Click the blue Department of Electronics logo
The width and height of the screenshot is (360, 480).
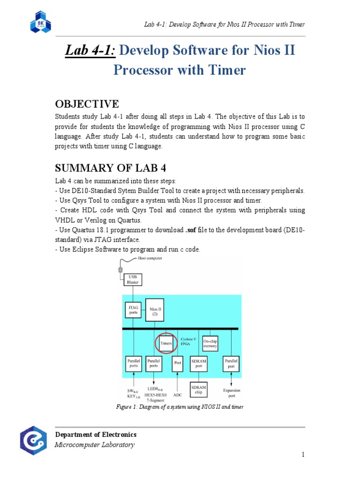(33, 441)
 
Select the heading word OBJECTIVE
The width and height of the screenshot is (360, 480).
(87, 104)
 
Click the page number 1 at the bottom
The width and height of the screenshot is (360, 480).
(303, 454)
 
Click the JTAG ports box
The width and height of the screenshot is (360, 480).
(133, 310)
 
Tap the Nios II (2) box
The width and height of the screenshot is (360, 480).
(155, 310)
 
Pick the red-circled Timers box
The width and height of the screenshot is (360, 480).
(166, 343)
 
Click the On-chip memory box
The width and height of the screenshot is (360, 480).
(210, 343)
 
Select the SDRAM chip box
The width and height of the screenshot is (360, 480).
(198, 390)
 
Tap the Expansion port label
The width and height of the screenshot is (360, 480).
(231, 392)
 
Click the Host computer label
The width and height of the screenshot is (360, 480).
(150, 258)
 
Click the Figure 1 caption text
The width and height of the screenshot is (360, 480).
(180, 407)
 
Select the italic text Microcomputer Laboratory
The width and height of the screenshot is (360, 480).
(95, 445)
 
